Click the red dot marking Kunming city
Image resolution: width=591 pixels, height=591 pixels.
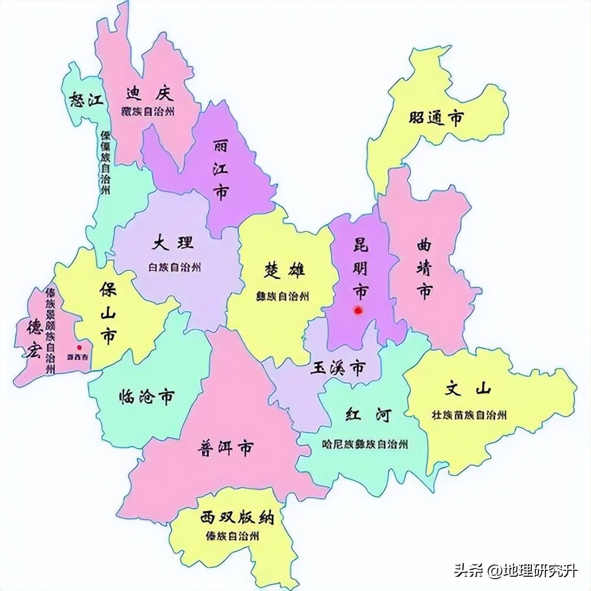pos(358,309)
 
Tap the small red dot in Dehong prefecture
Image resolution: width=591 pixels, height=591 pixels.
pos(79,348)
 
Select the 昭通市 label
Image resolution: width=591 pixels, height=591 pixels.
pos(436,118)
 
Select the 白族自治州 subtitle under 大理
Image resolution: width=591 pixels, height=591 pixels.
pos(174,267)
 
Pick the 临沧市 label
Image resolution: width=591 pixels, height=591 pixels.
pos(147,397)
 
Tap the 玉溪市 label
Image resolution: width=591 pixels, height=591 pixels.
pos(337,369)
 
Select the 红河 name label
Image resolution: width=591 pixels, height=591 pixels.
pos(369,415)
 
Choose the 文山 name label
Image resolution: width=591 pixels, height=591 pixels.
pos(468,389)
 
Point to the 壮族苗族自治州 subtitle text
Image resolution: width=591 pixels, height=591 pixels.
pos(469,415)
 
